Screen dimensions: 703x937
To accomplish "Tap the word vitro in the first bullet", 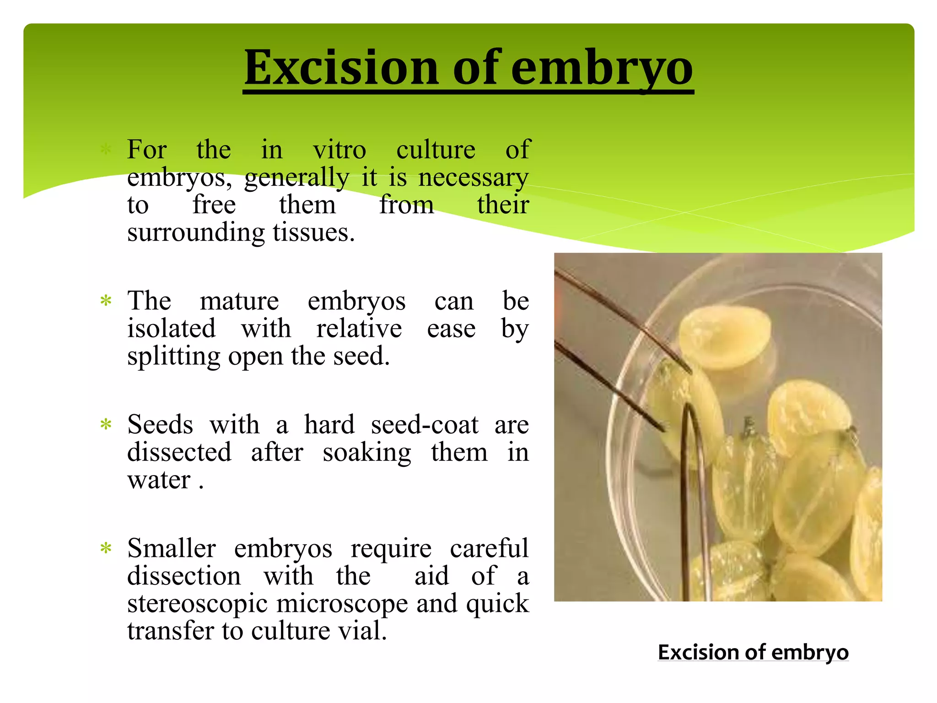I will point(339,150).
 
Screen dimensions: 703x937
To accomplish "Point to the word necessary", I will point(473,178).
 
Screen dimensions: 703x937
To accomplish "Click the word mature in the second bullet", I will point(239,301).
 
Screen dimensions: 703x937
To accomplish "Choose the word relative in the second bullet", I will point(359,329).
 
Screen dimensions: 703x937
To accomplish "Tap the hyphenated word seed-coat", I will point(425,425).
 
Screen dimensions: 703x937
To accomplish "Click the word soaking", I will point(367,453).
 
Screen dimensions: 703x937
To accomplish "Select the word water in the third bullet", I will point(159,480).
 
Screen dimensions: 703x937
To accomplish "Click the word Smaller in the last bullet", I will point(172,548).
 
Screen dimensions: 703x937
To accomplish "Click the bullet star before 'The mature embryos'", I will point(106,301).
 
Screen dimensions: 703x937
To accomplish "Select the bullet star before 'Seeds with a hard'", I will point(106,425).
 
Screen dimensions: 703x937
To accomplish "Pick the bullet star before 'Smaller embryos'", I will point(106,548).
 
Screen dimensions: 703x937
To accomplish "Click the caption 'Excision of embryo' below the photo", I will point(753,652).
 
